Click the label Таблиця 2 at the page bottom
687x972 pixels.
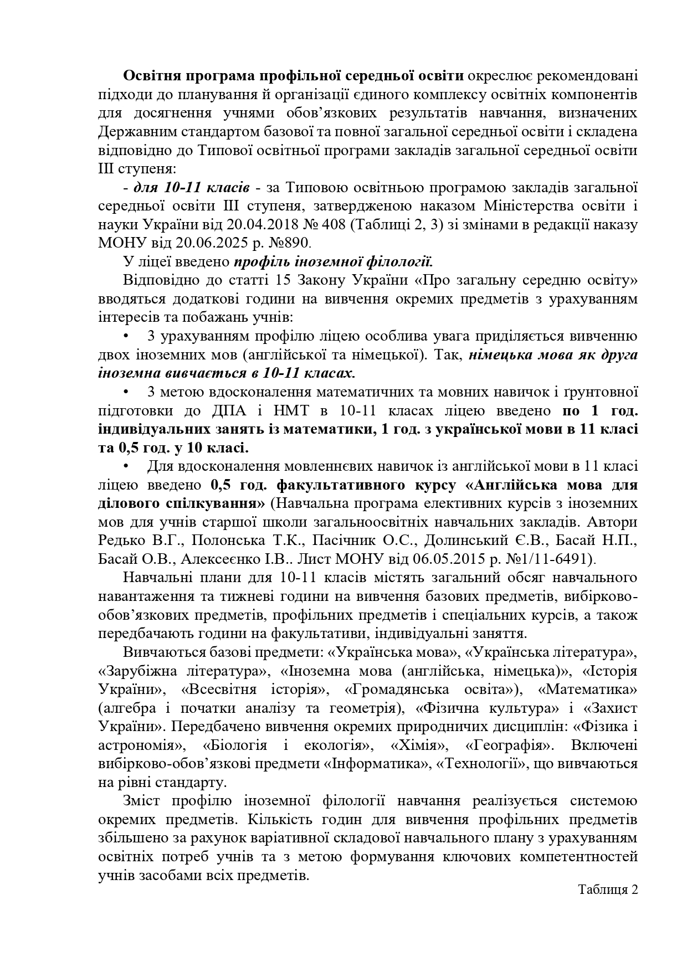click(608, 890)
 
